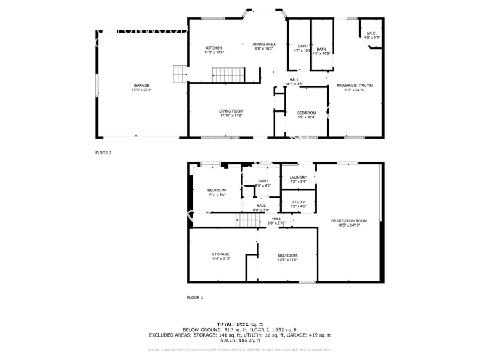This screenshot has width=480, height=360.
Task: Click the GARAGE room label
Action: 141,85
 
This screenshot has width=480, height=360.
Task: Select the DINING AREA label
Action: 264,44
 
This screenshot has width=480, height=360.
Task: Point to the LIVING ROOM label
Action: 231,111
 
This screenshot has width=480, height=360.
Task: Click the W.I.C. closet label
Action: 372,34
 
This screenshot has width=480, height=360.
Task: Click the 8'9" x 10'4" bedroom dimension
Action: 306,117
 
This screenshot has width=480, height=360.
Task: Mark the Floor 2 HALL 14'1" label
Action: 294,79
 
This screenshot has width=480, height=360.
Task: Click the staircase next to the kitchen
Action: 228,74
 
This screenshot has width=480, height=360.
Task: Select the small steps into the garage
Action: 180,74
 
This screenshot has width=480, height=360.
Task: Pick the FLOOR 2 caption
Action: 103,153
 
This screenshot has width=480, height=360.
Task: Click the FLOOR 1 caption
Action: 195,297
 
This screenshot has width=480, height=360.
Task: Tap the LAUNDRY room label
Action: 298,177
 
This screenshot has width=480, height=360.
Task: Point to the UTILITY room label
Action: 298,202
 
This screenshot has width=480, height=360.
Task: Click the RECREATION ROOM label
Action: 349,221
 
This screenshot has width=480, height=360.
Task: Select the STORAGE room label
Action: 220,254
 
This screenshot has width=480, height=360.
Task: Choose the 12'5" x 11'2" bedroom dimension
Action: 287,260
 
